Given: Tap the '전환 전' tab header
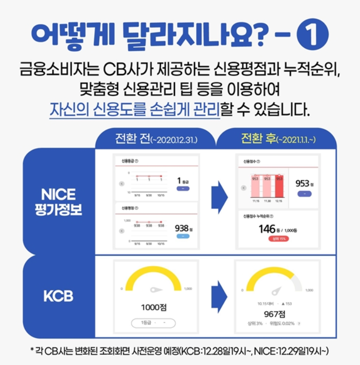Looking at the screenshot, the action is click(x=155, y=139).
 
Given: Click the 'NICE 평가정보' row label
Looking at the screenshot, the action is click(x=59, y=202).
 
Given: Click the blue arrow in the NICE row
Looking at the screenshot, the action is click(x=219, y=200).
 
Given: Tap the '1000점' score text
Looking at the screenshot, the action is click(x=154, y=307).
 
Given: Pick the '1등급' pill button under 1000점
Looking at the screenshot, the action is click(x=153, y=323).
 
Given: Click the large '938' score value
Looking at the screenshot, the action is click(x=182, y=228).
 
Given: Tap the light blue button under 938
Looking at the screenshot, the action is click(x=184, y=236).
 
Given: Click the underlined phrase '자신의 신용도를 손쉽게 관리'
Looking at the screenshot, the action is click(x=134, y=108).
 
